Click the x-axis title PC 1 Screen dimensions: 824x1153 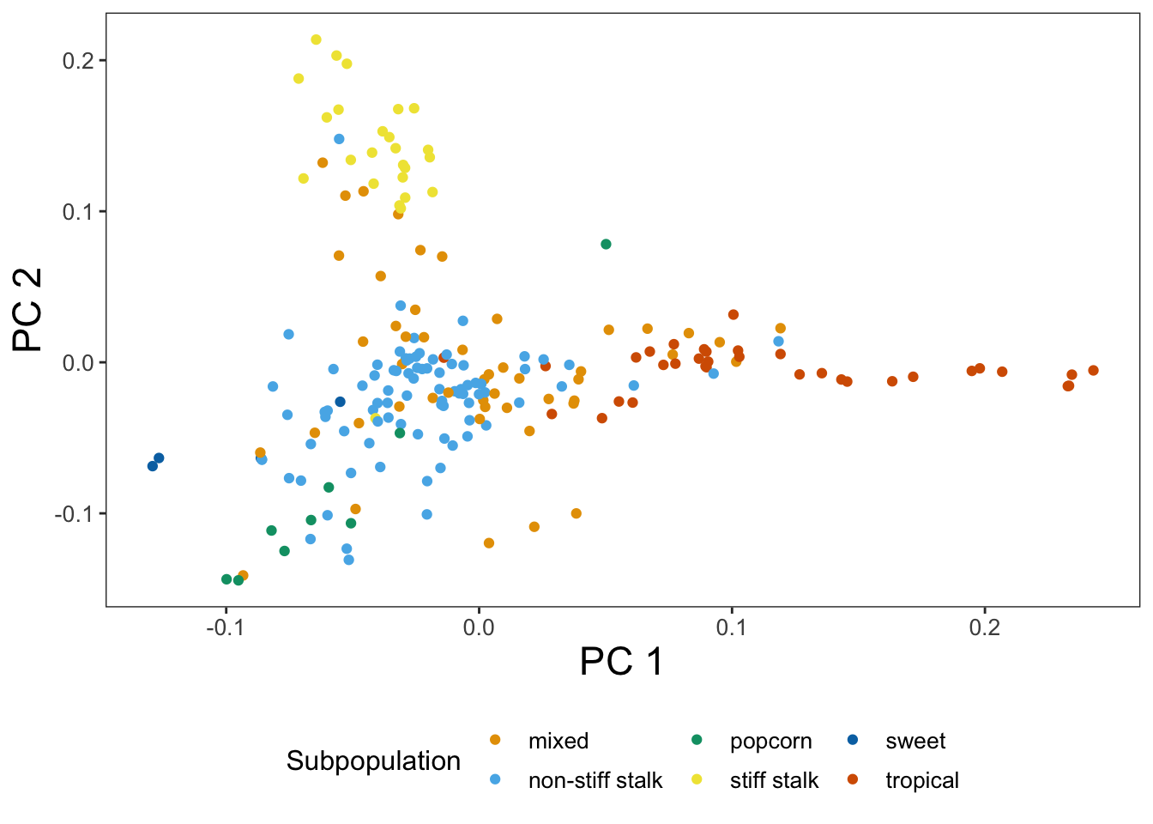[x=621, y=662]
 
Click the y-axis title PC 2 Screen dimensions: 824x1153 [x=27, y=310]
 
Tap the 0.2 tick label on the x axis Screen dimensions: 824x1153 [x=984, y=627]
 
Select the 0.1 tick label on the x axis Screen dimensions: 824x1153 [x=731, y=627]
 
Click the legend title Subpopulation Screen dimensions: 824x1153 [x=373, y=761]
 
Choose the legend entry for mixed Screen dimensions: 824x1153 [x=558, y=741]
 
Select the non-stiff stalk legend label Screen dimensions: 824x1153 [x=595, y=780]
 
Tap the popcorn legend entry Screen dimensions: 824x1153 [x=770, y=741]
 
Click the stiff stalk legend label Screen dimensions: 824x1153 [x=774, y=780]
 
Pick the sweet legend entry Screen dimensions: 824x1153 [x=915, y=741]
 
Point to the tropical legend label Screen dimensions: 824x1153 [x=922, y=780]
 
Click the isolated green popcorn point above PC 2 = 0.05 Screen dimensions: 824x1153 [x=606, y=245]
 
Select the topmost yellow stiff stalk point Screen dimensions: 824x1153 [x=316, y=39]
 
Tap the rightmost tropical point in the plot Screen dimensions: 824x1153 [x=1093, y=371]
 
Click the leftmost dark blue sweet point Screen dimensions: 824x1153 [x=153, y=466]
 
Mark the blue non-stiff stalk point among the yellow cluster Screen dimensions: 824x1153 [x=339, y=139]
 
